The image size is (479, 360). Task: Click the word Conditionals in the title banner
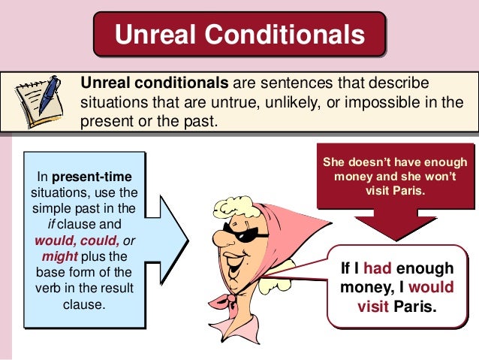285,35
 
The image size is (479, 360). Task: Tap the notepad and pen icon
38,103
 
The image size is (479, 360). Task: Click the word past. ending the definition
196,121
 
